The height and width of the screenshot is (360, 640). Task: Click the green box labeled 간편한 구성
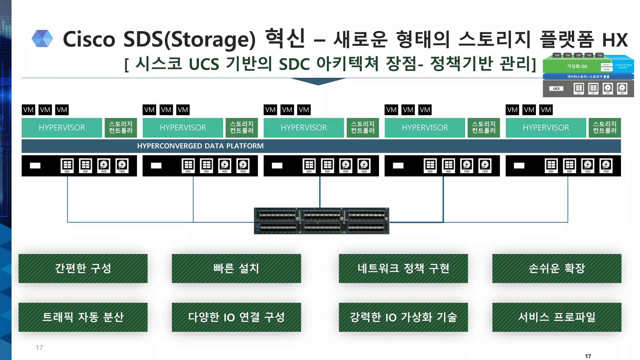pyautogui.click(x=83, y=268)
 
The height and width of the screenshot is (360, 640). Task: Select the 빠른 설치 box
pyautogui.click(x=236, y=268)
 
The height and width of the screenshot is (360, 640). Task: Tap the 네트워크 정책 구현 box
pyautogui.click(x=403, y=268)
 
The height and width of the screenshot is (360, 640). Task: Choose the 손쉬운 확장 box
pyautogui.click(x=557, y=268)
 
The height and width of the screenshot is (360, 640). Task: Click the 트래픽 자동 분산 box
pyautogui.click(x=83, y=317)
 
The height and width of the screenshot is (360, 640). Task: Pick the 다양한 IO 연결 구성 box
pyautogui.click(x=236, y=317)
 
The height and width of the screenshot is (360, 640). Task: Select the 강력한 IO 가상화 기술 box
pyautogui.click(x=403, y=317)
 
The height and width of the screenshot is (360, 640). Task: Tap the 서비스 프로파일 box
pyautogui.click(x=557, y=317)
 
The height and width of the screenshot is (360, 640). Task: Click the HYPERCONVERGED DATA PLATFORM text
pyautogui.click(x=200, y=146)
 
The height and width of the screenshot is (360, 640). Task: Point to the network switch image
pyautogui.click(x=322, y=221)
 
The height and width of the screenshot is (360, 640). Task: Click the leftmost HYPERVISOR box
pyautogui.click(x=62, y=127)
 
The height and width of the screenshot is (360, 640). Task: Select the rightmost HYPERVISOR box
pyautogui.click(x=546, y=127)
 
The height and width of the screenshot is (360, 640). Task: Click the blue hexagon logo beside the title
pyautogui.click(x=42, y=39)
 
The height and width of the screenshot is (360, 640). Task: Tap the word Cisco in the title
pyautogui.click(x=89, y=39)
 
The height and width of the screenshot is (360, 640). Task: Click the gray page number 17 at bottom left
pyautogui.click(x=39, y=348)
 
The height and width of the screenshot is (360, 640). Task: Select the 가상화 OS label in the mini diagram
pyautogui.click(x=577, y=66)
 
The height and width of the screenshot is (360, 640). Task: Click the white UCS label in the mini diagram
pyautogui.click(x=556, y=88)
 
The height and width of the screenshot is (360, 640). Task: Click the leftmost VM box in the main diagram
pyautogui.click(x=28, y=110)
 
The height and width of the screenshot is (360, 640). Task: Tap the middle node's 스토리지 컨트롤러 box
pyautogui.click(x=362, y=127)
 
